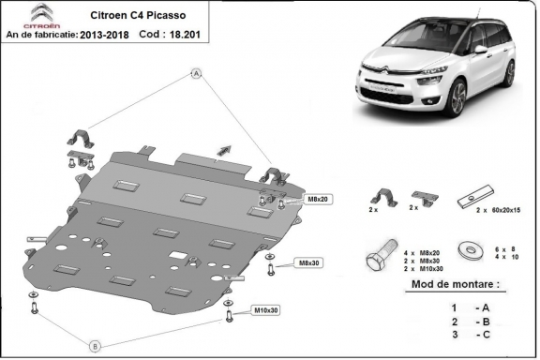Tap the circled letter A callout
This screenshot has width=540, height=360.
[197, 72]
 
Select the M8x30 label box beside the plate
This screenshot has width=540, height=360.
[308, 263]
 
